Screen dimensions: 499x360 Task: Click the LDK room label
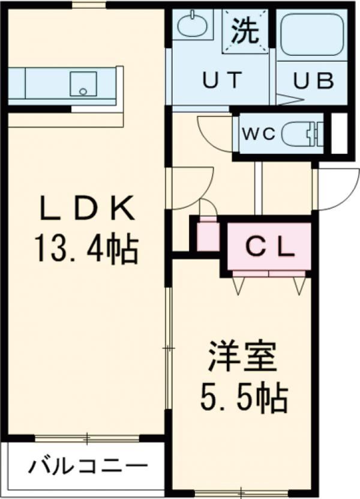coord(86,209)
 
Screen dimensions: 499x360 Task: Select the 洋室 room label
coord(242,358)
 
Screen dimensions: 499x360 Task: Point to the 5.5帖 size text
coord(242,396)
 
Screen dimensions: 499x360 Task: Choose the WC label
coord(258,133)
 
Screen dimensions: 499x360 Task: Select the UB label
coord(313,80)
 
